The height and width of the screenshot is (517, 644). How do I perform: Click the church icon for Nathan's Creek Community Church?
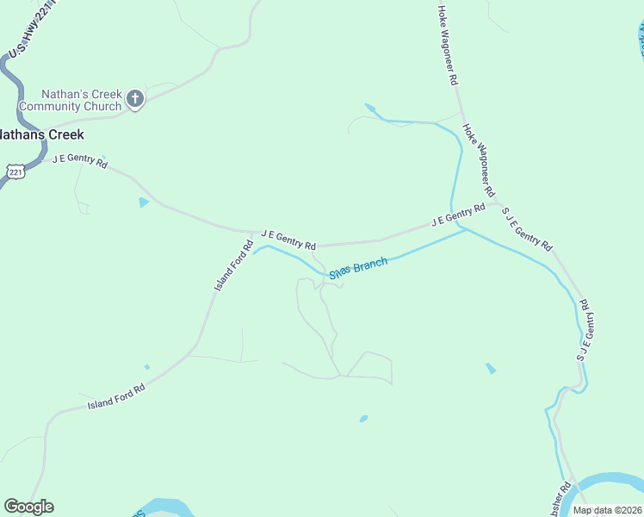click(x=134, y=99)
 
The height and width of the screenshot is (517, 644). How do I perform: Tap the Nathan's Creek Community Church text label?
click(x=82, y=100)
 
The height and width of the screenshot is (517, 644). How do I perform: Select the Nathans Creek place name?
click(x=40, y=134)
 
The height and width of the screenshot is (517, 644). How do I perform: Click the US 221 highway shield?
click(x=15, y=171)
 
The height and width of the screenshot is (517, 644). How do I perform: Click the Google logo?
click(x=28, y=507)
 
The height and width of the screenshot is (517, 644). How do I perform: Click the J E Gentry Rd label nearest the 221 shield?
click(x=79, y=161)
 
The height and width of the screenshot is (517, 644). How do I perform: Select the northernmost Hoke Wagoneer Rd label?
click(x=446, y=45)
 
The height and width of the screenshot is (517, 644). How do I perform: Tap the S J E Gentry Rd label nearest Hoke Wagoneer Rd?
click(x=526, y=228)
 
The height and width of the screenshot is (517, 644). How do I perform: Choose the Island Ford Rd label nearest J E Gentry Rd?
click(x=233, y=265)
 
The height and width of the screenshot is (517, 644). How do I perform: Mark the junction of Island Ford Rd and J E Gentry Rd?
click(x=254, y=233)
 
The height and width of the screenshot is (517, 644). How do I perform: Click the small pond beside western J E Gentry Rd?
click(x=143, y=202)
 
